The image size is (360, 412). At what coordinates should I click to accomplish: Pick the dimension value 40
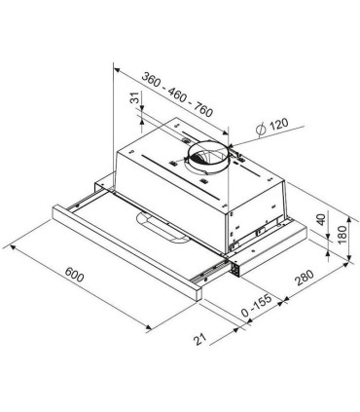click(x=321, y=222)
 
